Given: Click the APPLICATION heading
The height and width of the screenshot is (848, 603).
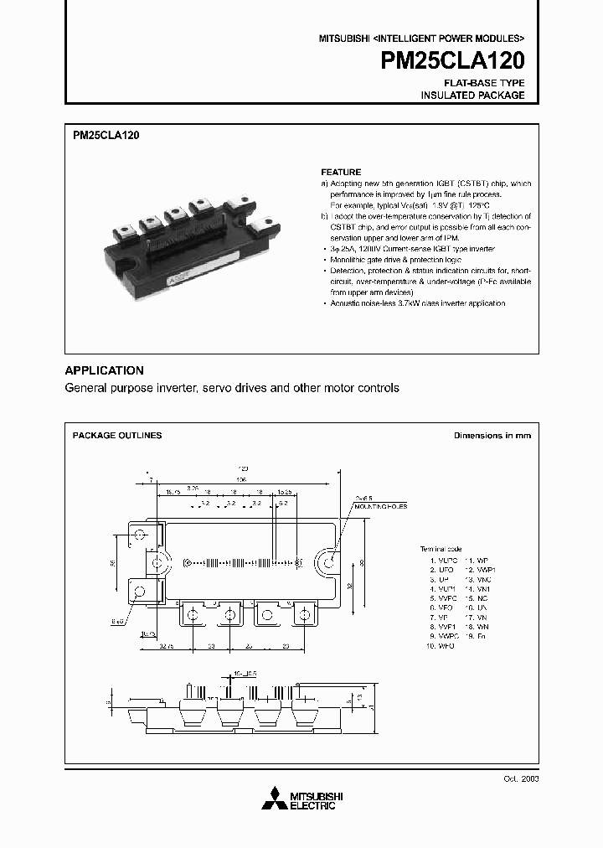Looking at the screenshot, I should (105, 370).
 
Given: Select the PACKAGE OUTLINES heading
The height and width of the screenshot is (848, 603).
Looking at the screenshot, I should (117, 436).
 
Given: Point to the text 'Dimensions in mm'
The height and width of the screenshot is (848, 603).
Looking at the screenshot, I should (492, 436).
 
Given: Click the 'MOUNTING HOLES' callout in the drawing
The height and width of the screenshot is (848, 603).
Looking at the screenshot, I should (378, 509).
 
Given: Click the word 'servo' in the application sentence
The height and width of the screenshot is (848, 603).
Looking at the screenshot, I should (217, 389).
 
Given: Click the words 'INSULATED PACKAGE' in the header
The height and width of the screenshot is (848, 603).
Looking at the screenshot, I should (472, 96).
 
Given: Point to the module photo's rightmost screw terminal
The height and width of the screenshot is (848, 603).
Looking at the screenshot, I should (267, 224).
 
